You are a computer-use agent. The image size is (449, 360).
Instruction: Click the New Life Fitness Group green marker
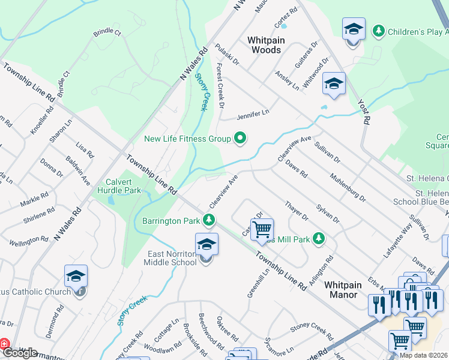tap(241, 139)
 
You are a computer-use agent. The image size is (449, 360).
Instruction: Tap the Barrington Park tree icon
tap(209, 221)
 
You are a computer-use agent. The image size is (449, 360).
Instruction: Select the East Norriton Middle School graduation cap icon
tap(206, 245)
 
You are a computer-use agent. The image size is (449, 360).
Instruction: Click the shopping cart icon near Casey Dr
tap(262, 229)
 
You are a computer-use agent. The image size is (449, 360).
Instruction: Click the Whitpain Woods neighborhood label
tap(266, 45)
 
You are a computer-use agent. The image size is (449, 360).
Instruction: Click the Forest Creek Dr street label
tap(220, 86)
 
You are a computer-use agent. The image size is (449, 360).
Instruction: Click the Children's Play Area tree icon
tap(379, 30)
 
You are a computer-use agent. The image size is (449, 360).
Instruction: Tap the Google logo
tap(20, 353)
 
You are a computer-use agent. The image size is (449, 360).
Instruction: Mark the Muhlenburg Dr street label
tap(348, 187)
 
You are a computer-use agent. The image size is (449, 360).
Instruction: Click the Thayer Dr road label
tap(297, 211)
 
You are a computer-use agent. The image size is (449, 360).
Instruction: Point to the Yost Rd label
tap(363, 110)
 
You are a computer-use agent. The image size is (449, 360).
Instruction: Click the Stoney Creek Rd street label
tap(312, 329)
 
